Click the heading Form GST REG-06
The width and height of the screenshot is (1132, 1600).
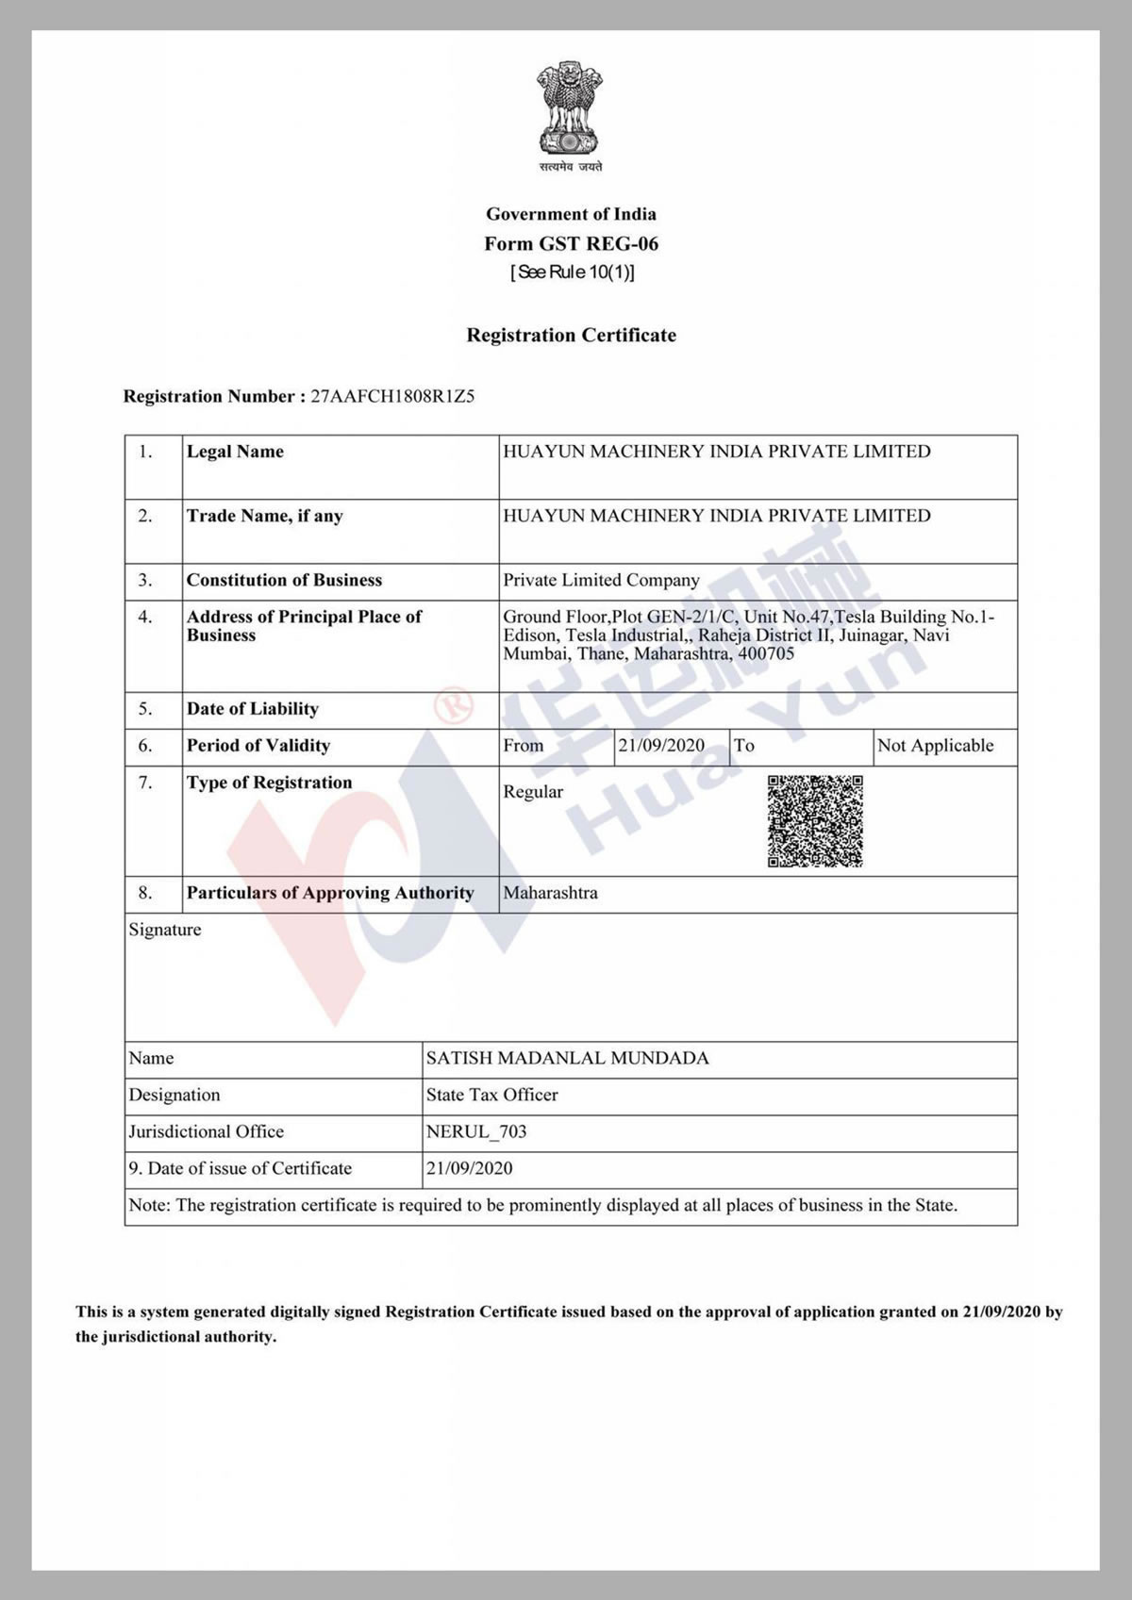tap(571, 244)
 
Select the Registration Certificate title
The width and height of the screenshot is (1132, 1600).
tap(571, 336)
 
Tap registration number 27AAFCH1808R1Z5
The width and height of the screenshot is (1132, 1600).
tap(392, 397)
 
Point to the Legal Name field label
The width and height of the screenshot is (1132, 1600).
tap(235, 452)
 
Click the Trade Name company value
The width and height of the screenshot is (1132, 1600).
tap(716, 516)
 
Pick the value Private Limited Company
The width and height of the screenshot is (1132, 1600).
tap(601, 581)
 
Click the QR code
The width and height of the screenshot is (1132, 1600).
tap(815, 821)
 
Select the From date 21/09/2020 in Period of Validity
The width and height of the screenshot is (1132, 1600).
tap(661, 746)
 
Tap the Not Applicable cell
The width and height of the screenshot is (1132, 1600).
tap(935, 746)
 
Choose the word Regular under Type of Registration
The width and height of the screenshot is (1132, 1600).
tap(533, 792)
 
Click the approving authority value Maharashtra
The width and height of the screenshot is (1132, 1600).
tap(550, 893)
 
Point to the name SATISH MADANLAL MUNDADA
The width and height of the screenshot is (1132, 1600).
tap(567, 1059)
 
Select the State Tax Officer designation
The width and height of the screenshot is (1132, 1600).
tap(491, 1096)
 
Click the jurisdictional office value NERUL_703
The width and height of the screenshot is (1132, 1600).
tap(476, 1132)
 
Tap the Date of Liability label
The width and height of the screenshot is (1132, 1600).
tap(253, 709)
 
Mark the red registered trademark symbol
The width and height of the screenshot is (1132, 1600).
tap(452, 704)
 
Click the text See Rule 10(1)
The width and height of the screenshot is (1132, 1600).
tap(572, 272)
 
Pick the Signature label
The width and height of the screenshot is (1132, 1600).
tap(165, 931)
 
